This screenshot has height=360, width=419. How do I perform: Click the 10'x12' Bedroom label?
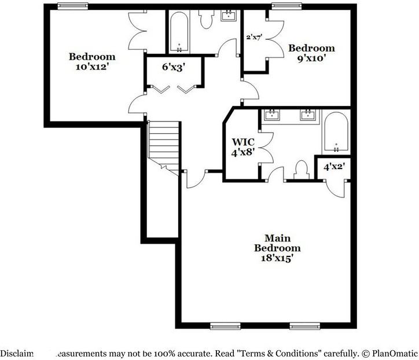[92, 61]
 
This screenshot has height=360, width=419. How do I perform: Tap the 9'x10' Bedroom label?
[311, 53]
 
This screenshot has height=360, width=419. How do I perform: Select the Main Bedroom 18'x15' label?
[277, 248]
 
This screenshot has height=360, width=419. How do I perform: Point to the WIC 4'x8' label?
[244, 147]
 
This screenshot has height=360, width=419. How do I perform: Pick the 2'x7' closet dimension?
[255, 37]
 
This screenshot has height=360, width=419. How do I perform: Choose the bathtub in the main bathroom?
[335, 133]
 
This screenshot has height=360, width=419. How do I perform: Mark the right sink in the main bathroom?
[307, 115]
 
